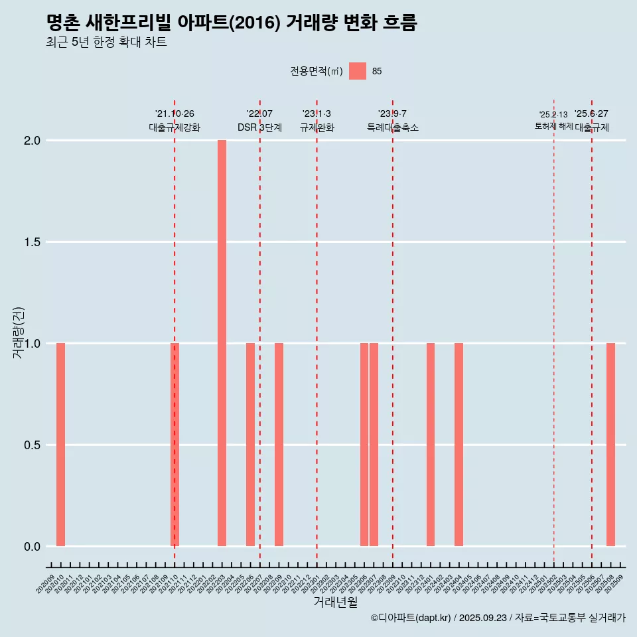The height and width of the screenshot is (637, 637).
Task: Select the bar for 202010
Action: pyautogui.click(x=60, y=445)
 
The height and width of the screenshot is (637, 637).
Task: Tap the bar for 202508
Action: pyautogui.click(x=610, y=445)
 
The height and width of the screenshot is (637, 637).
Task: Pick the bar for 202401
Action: pyautogui.click(x=431, y=445)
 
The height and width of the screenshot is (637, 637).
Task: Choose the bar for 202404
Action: pyautogui.click(x=459, y=445)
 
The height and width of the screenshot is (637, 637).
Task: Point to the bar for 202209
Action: pyautogui.click(x=279, y=445)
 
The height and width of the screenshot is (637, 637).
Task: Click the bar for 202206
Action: pyautogui.click(x=250, y=445)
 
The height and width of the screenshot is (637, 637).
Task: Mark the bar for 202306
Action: pyautogui.click(x=364, y=445)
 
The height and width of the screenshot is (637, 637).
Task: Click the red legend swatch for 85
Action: pyautogui.click(x=358, y=71)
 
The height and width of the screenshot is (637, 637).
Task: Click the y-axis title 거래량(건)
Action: pyautogui.click(x=19, y=332)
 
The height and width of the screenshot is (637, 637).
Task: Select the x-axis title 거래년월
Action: pyautogui.click(x=335, y=602)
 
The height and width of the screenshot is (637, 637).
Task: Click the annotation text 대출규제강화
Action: pyautogui.click(x=175, y=127)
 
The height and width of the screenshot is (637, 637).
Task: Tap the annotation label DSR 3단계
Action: pyautogui.click(x=260, y=127)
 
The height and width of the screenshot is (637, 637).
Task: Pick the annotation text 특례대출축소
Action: pyautogui.click(x=393, y=127)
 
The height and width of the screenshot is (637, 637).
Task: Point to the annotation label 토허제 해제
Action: pyautogui.click(x=553, y=126)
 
